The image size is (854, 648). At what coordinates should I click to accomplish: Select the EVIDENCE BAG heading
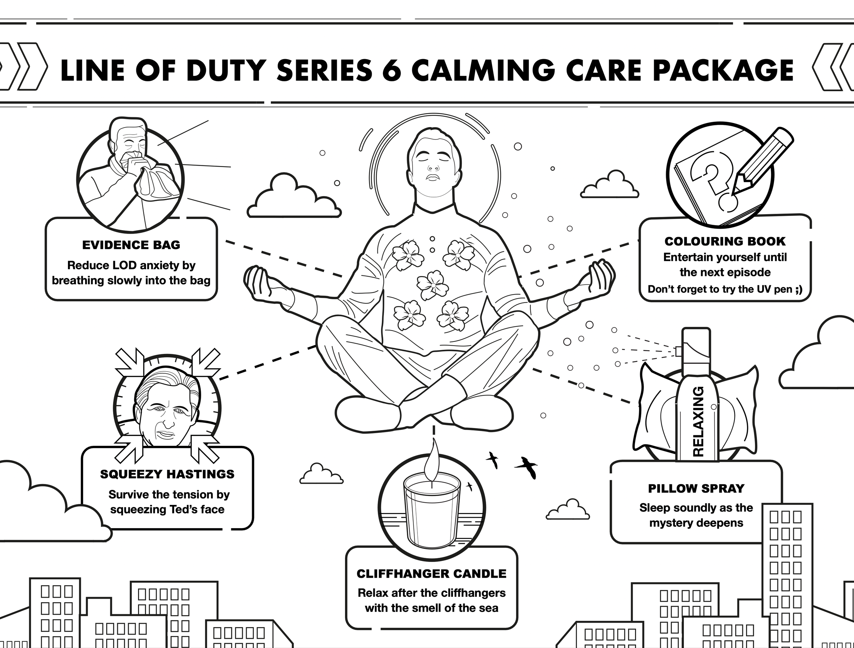(x=131, y=245)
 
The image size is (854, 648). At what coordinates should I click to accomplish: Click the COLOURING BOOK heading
(x=725, y=242)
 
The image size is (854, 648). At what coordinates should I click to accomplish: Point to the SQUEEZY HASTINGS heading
(x=167, y=474)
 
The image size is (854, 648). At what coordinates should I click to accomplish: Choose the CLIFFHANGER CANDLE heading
(x=431, y=574)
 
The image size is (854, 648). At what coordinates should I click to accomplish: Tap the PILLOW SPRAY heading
(x=696, y=488)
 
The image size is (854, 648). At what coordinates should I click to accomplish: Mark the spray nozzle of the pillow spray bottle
(x=678, y=351)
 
